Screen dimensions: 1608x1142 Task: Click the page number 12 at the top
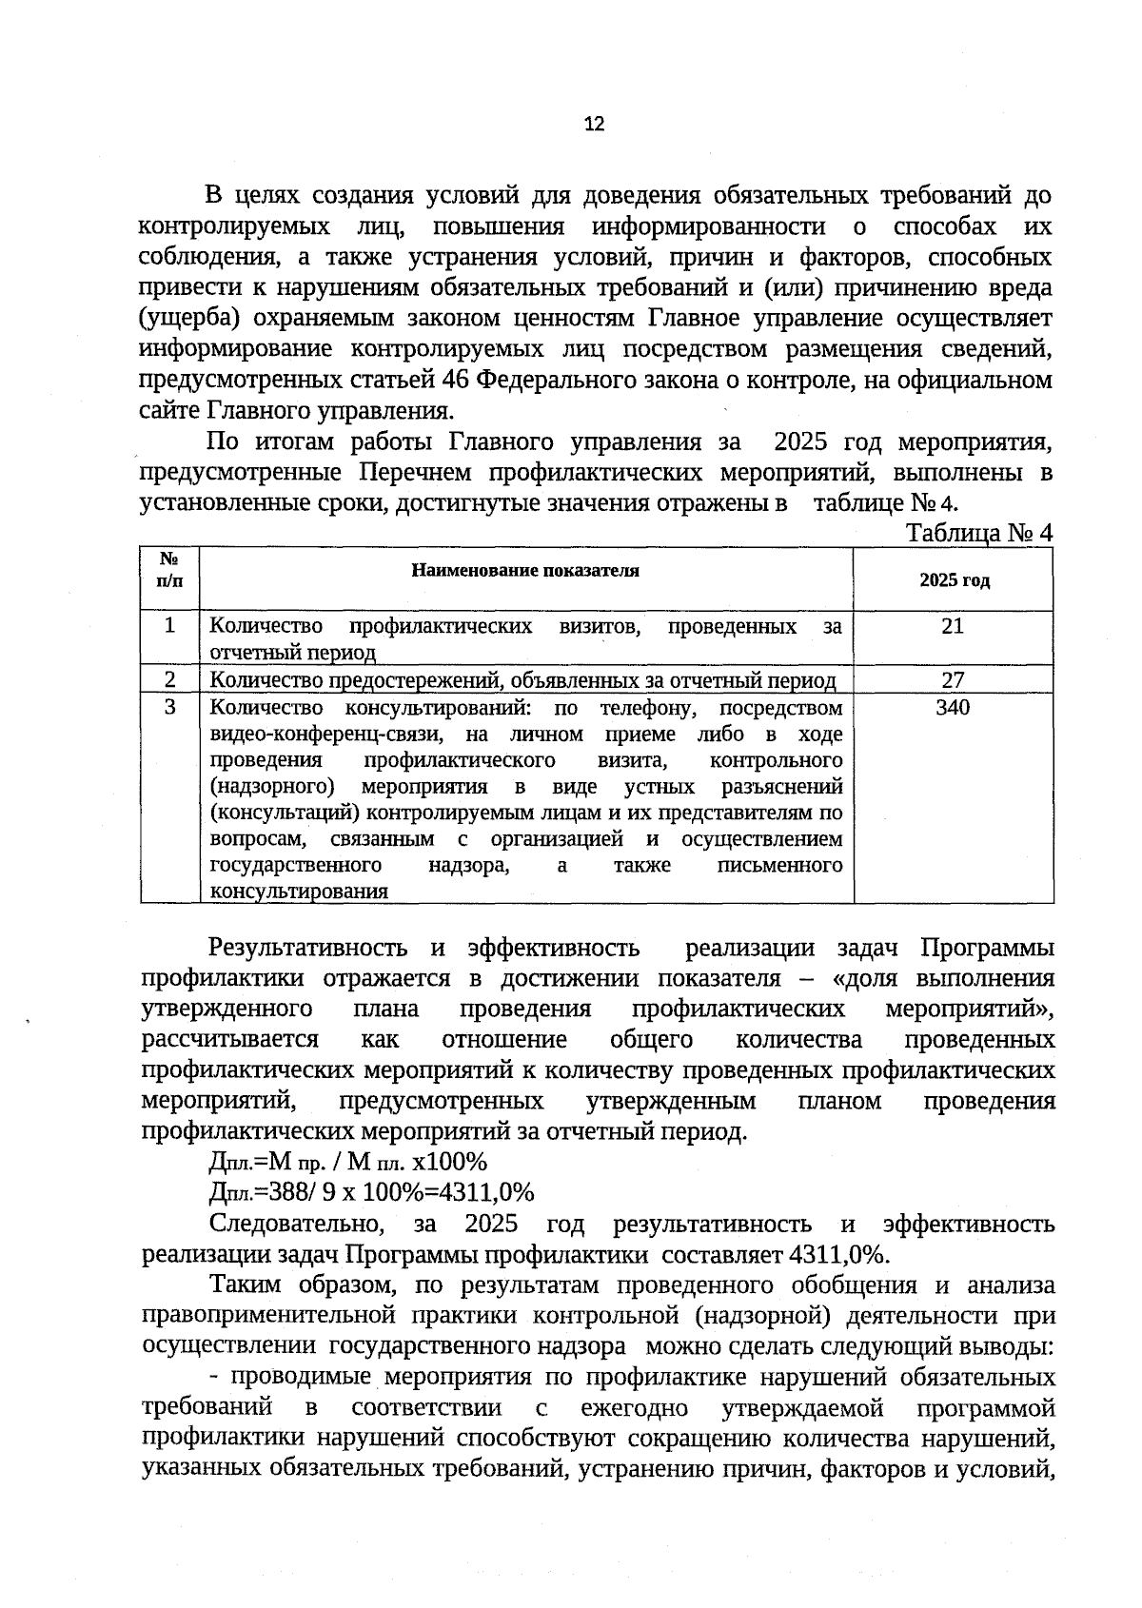click(x=593, y=124)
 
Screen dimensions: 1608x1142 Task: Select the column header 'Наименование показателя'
click(x=525, y=571)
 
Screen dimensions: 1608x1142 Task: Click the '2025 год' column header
click(x=954, y=580)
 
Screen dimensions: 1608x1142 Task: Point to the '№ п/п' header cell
click(x=168, y=569)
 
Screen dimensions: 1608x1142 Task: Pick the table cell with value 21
click(x=953, y=626)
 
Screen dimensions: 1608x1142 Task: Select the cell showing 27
click(x=953, y=679)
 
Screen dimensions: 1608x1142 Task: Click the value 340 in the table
click(x=953, y=707)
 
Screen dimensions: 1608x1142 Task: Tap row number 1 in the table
click(x=169, y=626)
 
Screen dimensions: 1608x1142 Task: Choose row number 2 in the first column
click(x=169, y=679)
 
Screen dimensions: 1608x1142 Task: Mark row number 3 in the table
click(x=169, y=707)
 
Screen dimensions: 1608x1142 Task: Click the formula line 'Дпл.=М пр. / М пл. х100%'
click(x=347, y=1162)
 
